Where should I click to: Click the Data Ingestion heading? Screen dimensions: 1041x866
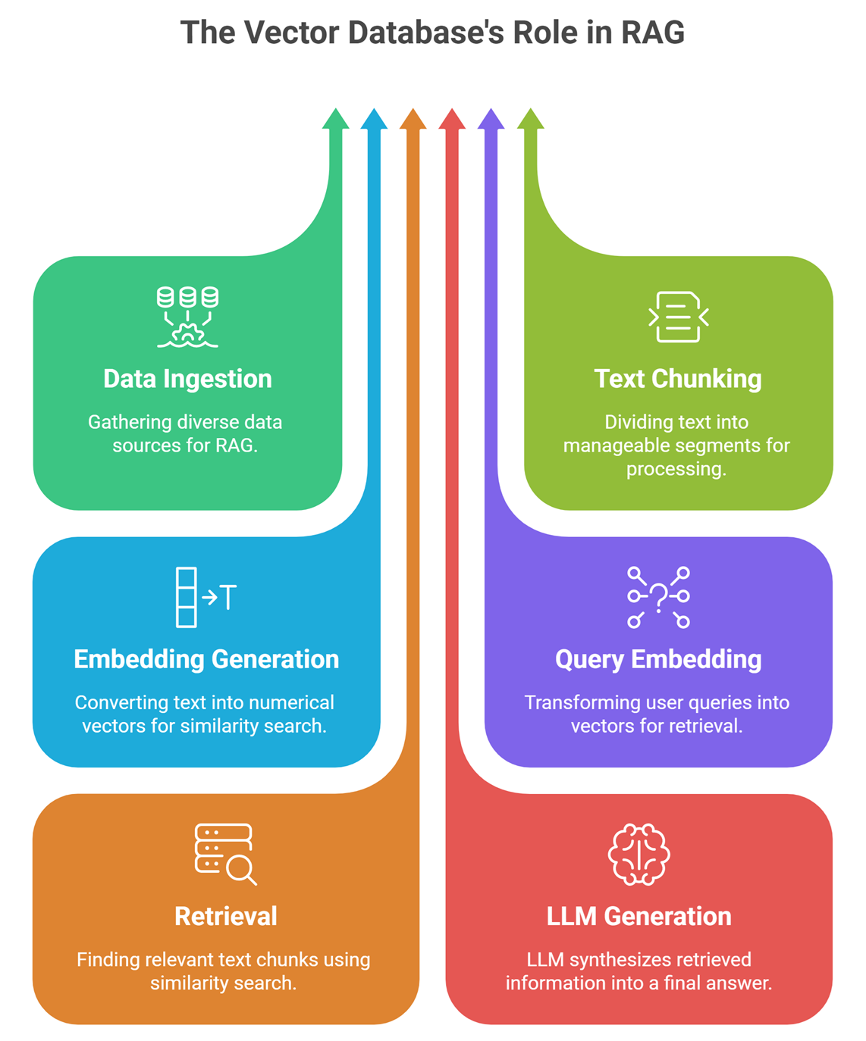187,379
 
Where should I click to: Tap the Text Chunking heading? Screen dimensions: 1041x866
677,379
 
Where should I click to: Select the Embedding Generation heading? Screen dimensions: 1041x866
206,659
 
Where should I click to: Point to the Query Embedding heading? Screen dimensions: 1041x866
658,659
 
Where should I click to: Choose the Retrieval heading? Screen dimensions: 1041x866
226,916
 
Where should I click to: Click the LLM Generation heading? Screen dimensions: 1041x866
639,916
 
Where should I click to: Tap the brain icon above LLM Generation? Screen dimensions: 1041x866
639,855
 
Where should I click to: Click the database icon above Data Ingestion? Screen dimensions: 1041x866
187,317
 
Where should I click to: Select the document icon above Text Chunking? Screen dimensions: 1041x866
678,317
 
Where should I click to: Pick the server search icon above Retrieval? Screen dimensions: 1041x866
225,854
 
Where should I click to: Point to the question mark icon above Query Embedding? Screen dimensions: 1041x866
658,597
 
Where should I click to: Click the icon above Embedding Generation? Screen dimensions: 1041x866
206,597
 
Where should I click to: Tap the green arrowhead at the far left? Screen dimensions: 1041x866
335,119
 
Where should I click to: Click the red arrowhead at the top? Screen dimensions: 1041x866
452,119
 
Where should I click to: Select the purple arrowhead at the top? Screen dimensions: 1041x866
491,119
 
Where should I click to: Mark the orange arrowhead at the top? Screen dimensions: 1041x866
413,119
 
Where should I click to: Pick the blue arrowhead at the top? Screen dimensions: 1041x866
374,119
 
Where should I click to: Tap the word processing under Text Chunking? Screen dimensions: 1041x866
676,469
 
